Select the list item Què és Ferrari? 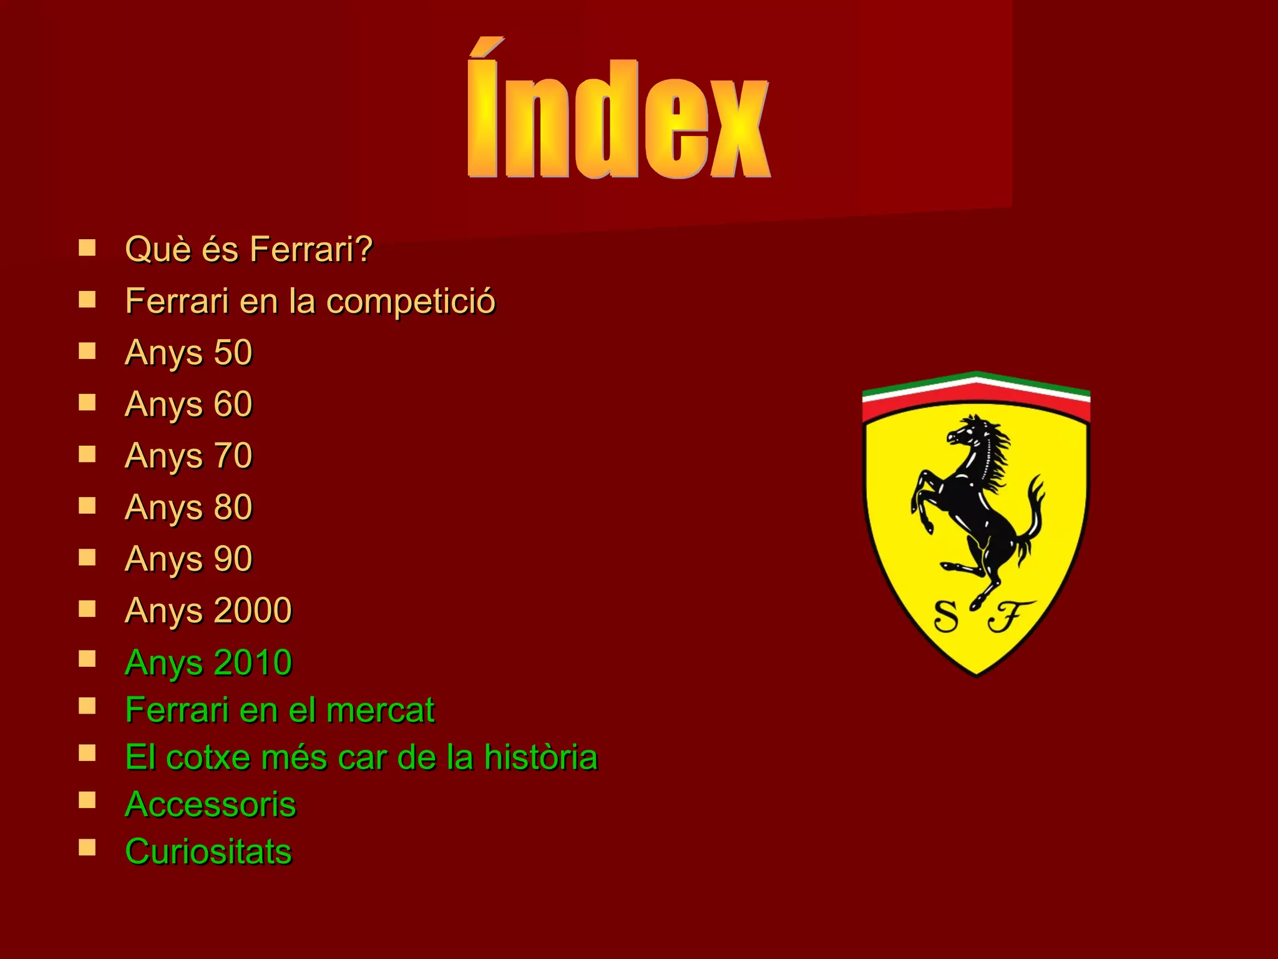coord(248,249)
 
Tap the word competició coord(411,302)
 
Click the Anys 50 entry coord(188,353)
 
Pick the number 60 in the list coord(233,404)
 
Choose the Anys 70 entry coord(188,456)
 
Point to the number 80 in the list coord(233,507)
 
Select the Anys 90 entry coord(188,559)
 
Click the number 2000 coord(253,610)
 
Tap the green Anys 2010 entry coord(208,662)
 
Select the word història coord(540,757)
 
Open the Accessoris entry coord(210,804)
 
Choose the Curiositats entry coord(208,852)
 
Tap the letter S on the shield coord(946,616)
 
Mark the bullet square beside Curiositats coord(87,847)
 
